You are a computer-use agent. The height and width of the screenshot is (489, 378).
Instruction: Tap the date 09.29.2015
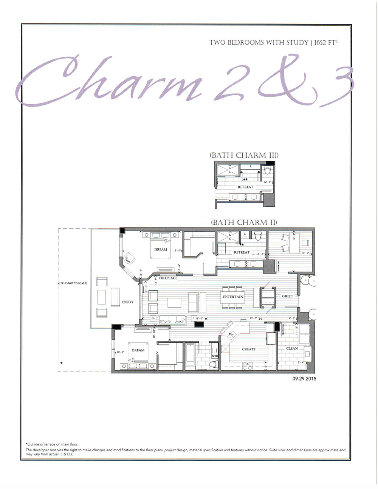[304, 378]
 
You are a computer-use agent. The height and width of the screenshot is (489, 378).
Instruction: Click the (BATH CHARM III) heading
[244, 155]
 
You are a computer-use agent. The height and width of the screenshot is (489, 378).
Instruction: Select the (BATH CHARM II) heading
[244, 223]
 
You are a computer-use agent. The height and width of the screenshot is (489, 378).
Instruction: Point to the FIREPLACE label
[168, 278]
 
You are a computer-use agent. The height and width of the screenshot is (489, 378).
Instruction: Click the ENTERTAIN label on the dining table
[233, 297]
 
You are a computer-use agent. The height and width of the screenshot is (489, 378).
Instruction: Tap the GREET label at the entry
[287, 296]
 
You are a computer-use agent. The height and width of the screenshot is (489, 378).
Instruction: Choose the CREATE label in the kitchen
[249, 349]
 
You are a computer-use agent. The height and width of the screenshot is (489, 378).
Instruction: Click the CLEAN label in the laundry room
[292, 348]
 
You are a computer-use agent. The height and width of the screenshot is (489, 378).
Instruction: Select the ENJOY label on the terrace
[128, 302]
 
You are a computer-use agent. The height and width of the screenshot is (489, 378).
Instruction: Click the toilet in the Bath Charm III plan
[268, 170]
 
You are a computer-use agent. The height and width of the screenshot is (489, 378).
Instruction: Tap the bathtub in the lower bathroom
[189, 354]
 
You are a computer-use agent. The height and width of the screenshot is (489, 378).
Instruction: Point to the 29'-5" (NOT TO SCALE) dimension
[73, 283]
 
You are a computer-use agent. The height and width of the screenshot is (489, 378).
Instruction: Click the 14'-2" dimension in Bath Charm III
[268, 183]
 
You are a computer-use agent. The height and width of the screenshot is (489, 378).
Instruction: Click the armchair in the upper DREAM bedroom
[130, 258]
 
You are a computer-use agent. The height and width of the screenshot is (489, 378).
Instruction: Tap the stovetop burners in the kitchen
[247, 365]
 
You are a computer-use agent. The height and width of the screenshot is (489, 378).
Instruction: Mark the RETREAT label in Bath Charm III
[245, 187]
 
